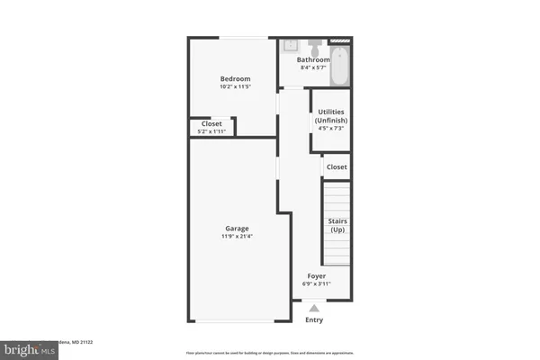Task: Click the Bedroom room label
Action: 235,79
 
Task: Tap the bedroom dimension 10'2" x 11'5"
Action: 235,88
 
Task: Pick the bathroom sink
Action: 292,44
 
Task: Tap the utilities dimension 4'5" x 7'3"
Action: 330,128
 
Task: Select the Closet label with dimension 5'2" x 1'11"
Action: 211,124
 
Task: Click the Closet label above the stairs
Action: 337,166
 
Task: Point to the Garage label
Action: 237,228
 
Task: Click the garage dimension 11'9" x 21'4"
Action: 237,237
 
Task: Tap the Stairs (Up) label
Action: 337,224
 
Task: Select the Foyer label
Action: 317,275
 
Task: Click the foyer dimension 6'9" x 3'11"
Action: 317,284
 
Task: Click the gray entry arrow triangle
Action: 313,308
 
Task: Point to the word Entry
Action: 314,320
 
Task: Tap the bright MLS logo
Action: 26,347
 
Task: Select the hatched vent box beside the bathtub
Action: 340,40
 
